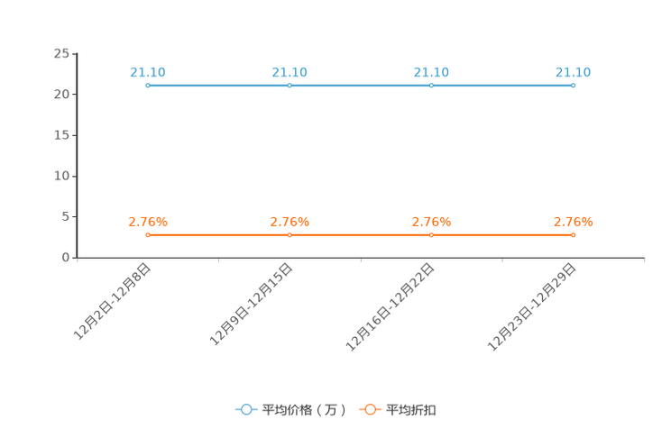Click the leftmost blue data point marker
[148, 86]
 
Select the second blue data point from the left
[290, 86]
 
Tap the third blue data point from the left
[431, 86]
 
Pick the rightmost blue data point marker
[573, 86]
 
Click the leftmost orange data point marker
[148, 235]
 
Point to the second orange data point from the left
[290, 235]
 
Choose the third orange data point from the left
[431, 235]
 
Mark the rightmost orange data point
[573, 235]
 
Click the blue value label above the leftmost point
[148, 71]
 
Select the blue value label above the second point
[290, 71]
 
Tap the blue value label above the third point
[431, 71]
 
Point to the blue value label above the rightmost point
[573, 71]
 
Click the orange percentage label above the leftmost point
[148, 221]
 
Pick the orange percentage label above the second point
[290, 221]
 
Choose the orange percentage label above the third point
[431, 221]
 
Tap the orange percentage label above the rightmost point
[573, 221]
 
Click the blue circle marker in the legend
[245, 409]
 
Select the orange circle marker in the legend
[369, 409]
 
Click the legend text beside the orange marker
[411, 410]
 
